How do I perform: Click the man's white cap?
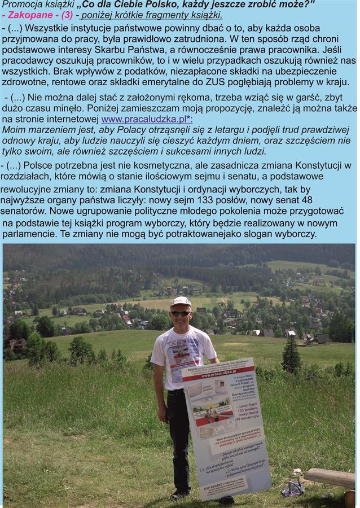coord(180,301)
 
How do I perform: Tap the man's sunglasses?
coord(180,313)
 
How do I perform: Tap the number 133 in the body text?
coord(214,200)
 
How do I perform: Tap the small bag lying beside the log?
coord(293,487)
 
